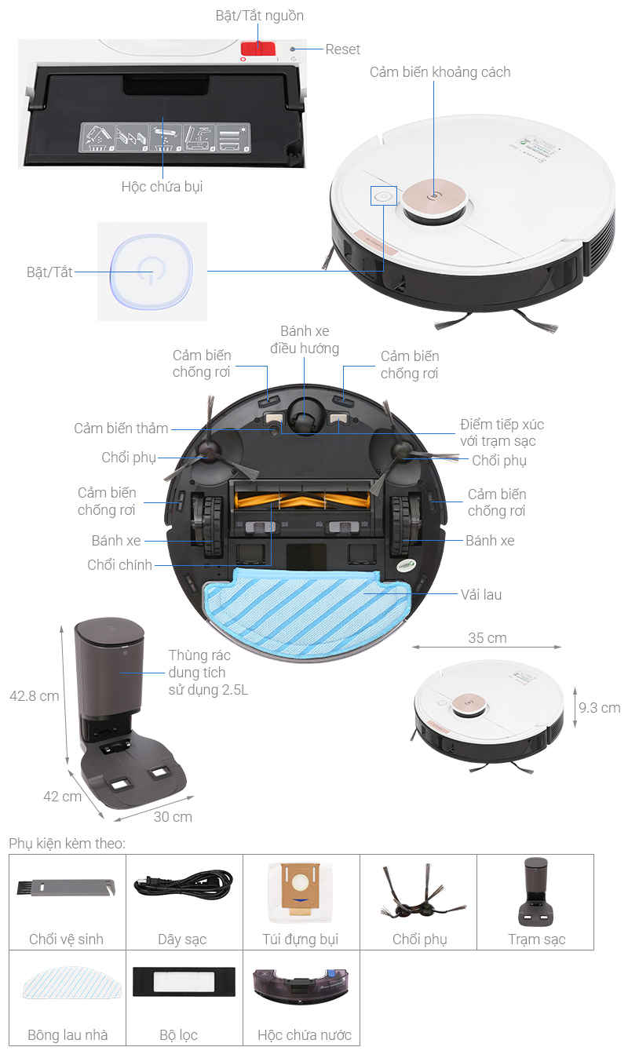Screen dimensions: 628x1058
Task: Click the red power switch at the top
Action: (x=258, y=49)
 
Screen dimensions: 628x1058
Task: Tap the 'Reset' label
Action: (x=342, y=49)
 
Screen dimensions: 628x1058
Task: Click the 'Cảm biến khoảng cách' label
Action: (x=440, y=71)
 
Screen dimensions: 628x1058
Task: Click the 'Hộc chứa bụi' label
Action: (x=162, y=187)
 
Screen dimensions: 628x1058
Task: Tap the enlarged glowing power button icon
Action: (x=152, y=272)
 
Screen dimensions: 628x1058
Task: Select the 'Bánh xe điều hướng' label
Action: (x=305, y=340)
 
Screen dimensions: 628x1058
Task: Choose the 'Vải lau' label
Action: (x=481, y=595)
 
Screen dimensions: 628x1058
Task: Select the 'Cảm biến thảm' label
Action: (x=121, y=429)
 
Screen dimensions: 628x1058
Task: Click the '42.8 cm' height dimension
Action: (x=35, y=695)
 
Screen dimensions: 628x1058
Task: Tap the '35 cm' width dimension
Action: (x=487, y=637)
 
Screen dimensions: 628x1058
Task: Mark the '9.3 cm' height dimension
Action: (x=599, y=707)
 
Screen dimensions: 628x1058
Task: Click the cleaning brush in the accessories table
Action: (x=66, y=887)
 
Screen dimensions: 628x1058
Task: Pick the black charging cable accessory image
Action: (x=183, y=885)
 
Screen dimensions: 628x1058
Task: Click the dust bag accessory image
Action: (x=300, y=892)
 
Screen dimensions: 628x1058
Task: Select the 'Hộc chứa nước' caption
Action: (x=305, y=1035)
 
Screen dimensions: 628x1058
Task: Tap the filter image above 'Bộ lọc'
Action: (x=184, y=982)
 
